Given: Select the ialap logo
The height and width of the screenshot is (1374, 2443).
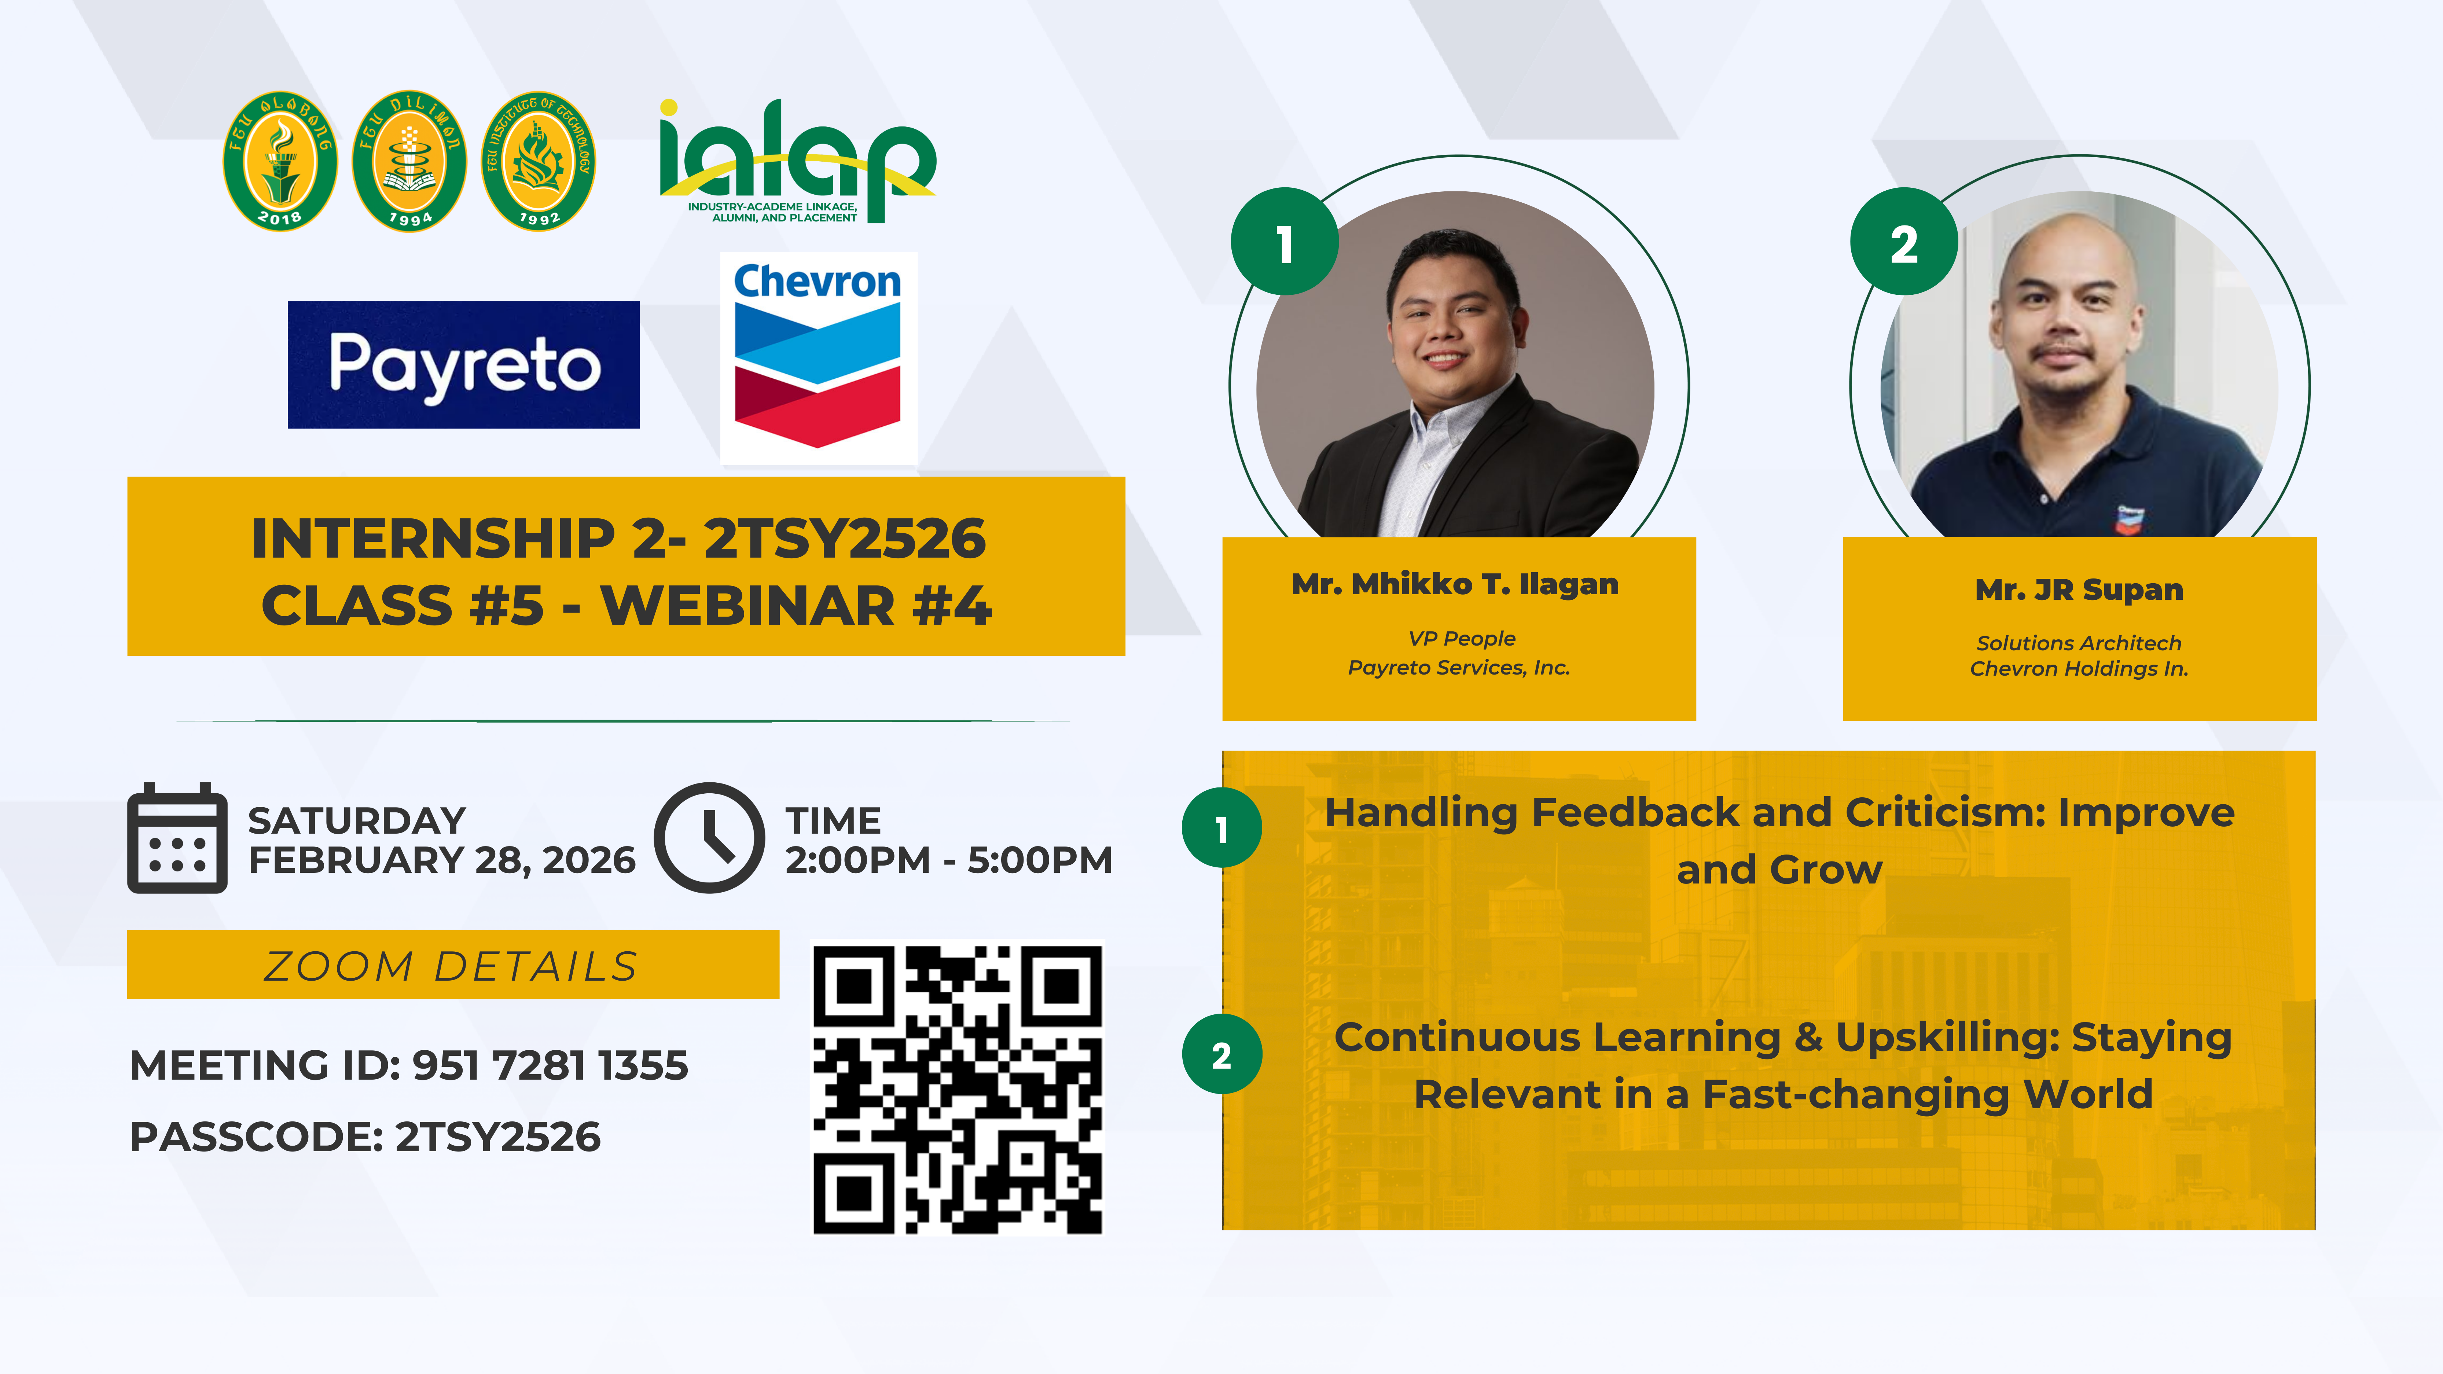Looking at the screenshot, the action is click(797, 161).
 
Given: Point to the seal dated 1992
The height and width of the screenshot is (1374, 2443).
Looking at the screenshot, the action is click(539, 161).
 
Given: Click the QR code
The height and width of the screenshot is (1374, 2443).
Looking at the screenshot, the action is click(958, 1088).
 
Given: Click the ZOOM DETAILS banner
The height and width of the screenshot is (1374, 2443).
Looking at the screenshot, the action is click(453, 965).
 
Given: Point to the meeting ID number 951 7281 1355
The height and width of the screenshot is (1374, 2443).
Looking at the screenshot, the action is click(550, 1065).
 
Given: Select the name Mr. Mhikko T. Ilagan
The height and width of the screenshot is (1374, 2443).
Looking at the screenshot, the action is click(1455, 584).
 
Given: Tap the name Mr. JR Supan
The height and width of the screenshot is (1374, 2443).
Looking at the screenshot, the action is click(2079, 590).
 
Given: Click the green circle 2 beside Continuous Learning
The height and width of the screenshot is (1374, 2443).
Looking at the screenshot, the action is click(1221, 1054).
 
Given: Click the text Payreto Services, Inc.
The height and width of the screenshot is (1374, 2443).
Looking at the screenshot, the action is click(1459, 668).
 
